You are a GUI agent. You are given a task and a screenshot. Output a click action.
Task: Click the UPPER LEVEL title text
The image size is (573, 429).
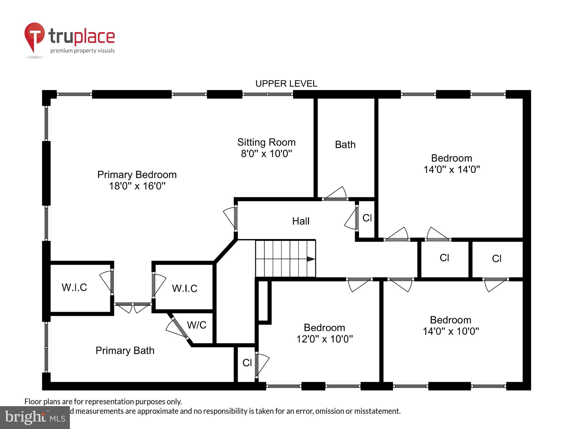click(x=286, y=84)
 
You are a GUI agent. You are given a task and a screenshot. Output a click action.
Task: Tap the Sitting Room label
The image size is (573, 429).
click(x=266, y=142)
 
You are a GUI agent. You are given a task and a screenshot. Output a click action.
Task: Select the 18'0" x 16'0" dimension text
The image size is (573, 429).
click(x=137, y=186)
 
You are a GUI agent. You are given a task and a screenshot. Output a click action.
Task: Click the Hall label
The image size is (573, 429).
click(x=301, y=221)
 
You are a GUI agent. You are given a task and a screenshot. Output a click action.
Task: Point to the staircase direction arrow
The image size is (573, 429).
click(x=311, y=259)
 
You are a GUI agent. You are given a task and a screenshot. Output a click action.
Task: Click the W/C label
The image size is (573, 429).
click(x=197, y=325)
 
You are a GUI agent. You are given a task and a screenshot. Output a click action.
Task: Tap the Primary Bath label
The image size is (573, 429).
click(x=125, y=350)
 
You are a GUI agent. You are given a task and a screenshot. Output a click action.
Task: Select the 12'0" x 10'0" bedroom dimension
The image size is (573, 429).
click(x=324, y=339)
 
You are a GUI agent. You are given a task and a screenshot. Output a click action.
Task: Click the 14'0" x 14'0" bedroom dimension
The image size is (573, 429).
click(x=452, y=169)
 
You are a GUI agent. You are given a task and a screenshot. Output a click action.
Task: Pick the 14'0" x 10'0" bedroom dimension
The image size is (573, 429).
click(x=451, y=331)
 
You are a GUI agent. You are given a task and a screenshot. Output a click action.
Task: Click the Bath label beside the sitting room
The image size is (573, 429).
click(x=345, y=145)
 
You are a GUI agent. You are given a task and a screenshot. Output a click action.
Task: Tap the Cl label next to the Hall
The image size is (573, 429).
click(x=367, y=218)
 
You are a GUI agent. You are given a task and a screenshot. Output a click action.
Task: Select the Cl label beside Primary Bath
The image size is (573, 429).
click(x=247, y=363)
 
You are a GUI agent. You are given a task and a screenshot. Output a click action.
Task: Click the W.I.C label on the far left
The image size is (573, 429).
click(x=74, y=287)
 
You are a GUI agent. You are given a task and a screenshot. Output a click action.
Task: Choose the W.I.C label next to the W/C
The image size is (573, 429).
click(x=185, y=288)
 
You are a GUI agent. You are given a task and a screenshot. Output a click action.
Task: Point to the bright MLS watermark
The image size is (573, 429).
click(x=35, y=418)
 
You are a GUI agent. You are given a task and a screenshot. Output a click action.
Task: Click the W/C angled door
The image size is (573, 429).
click(x=178, y=329)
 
